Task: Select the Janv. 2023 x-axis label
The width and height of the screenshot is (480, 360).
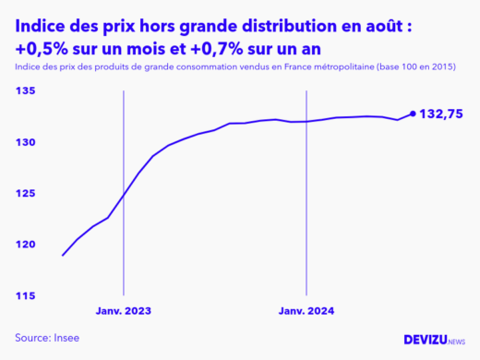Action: [x=123, y=311]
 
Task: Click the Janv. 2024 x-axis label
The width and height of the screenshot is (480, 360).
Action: [x=306, y=311]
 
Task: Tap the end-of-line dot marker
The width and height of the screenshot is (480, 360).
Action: [x=413, y=114]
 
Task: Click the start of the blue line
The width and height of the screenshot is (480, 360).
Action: [x=63, y=255]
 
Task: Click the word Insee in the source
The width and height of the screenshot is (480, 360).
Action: [x=65, y=338]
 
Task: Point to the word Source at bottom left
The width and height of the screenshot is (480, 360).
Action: [x=30, y=338]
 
